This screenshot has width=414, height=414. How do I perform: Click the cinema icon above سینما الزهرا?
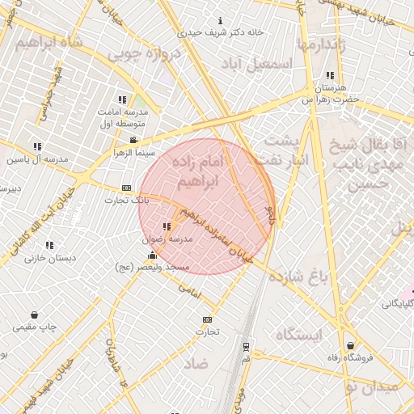pyautogui.click(x=133, y=141)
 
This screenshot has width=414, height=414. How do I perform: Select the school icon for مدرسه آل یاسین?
pyautogui.click(x=38, y=146)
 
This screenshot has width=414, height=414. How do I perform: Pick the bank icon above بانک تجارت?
pyautogui.click(x=126, y=188)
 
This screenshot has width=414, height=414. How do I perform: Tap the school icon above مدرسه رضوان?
pyautogui.click(x=167, y=227)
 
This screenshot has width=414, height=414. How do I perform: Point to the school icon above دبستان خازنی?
pyautogui.click(x=49, y=245)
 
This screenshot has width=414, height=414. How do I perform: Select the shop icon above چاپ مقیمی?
pyautogui.click(x=34, y=315)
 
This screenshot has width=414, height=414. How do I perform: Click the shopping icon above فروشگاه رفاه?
pyautogui.click(x=349, y=346)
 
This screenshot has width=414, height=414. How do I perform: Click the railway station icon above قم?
pyautogui.click(x=246, y=345)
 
